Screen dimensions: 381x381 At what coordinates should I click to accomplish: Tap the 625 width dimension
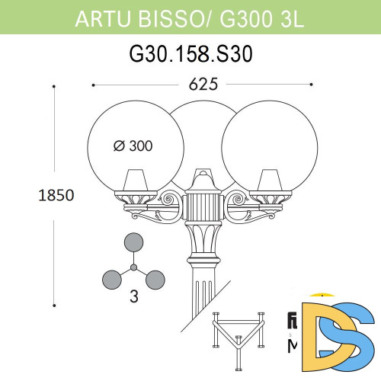tap(201, 85)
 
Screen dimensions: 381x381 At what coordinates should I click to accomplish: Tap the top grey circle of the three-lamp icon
tap(133, 243)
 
